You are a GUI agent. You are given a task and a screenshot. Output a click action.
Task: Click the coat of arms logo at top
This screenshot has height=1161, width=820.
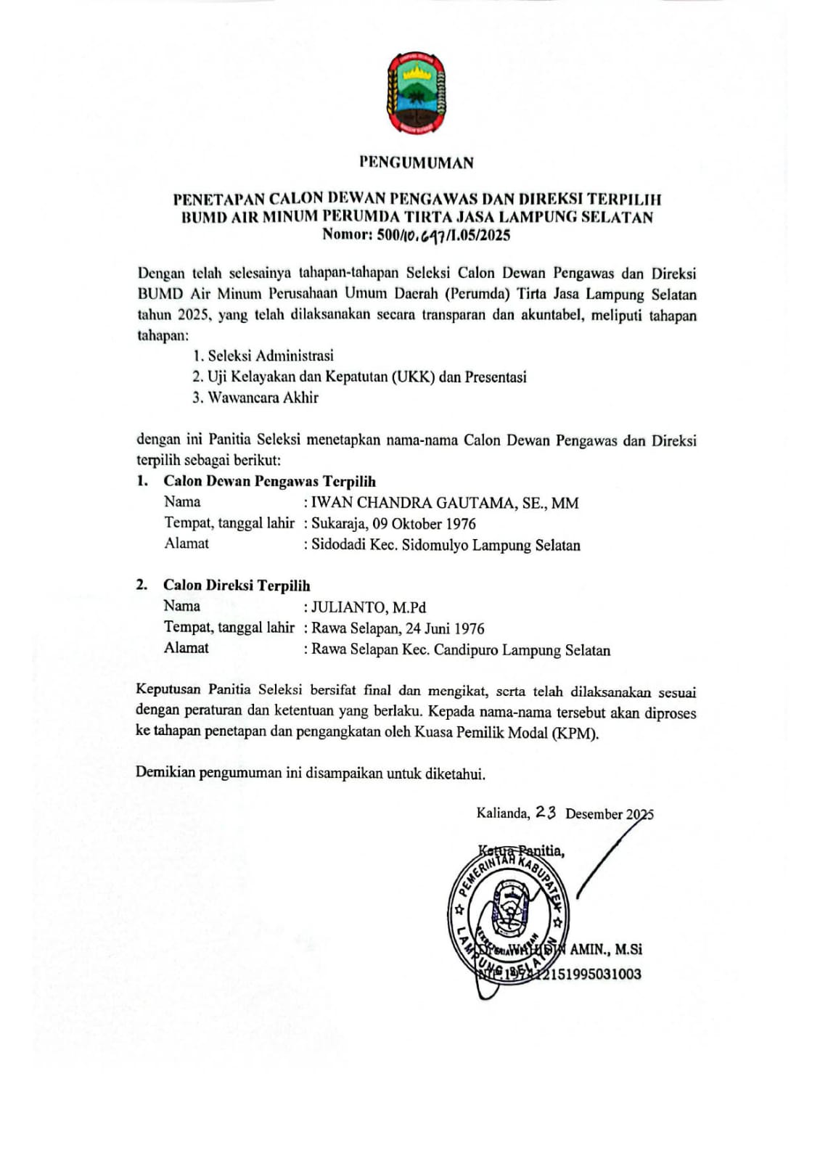click(x=416, y=93)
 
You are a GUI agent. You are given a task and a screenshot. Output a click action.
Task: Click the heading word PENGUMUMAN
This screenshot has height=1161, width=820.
click(x=417, y=163)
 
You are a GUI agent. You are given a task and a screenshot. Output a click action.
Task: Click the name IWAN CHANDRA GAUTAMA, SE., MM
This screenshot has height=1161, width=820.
click(x=445, y=503)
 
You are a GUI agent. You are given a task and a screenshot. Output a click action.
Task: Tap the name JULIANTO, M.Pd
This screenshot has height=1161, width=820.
click(x=369, y=607)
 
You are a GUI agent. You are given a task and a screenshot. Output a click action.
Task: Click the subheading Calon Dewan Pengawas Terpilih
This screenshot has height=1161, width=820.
click(x=269, y=481)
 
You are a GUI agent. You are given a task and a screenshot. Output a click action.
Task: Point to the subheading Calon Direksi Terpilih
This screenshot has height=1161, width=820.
click(x=237, y=586)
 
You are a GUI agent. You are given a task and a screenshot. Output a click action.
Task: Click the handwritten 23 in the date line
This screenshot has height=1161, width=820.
click(x=546, y=813)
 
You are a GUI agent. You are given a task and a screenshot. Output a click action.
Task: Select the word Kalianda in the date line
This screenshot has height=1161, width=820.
click(x=502, y=813)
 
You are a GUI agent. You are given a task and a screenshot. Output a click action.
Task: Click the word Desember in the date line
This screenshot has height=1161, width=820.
click(x=594, y=814)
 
